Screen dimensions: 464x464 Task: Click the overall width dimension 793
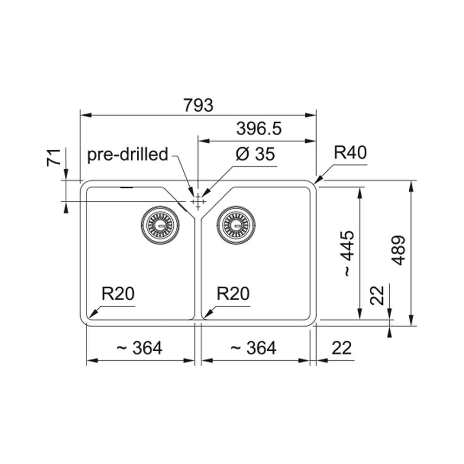[198, 105]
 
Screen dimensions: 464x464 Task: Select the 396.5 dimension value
[259, 129]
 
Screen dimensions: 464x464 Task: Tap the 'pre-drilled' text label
[128, 154]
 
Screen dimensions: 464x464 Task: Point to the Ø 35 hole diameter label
[255, 154]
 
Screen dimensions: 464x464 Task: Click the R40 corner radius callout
[350, 152]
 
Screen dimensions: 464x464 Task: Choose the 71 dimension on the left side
[54, 158]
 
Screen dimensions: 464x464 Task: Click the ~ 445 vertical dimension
[348, 254]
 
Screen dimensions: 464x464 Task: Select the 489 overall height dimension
[399, 251]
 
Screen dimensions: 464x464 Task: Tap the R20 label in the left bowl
[118, 294]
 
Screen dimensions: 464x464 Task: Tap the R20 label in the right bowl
[233, 294]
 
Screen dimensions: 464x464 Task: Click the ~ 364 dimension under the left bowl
[139, 348]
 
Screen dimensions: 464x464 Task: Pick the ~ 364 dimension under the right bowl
[253, 348]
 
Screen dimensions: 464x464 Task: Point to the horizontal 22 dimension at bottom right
[342, 348]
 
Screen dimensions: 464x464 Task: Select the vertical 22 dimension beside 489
[377, 295]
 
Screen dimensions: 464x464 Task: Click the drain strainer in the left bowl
[160, 225]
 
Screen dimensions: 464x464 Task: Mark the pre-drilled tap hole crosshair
[198, 202]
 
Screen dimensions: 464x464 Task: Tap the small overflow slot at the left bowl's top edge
[127, 187]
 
